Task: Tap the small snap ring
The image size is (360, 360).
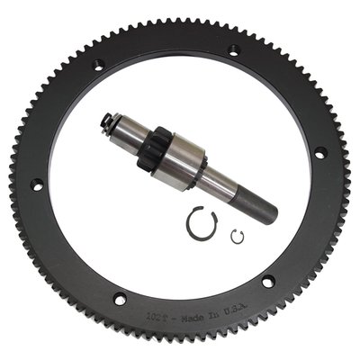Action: pos(238,236)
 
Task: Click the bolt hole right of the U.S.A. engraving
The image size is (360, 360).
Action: pos(267,282)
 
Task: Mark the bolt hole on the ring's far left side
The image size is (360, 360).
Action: pos(37,184)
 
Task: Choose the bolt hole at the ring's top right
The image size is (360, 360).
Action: pos(234,50)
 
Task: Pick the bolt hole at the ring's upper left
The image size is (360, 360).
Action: pos(97,64)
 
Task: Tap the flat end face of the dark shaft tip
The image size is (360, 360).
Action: pos(271,214)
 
